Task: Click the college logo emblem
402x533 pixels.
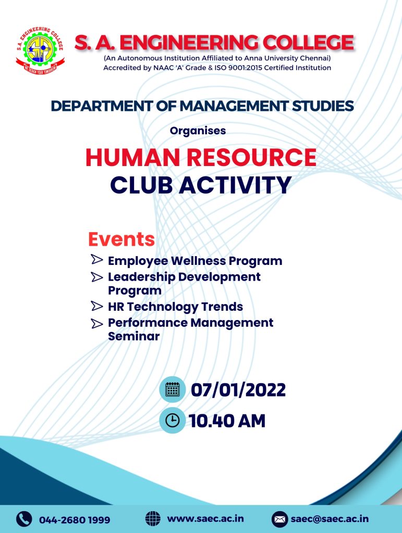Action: [x=40, y=50]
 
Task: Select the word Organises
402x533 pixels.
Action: [x=198, y=131]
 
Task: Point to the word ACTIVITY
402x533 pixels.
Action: [x=235, y=185]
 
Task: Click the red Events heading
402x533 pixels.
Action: [x=121, y=239]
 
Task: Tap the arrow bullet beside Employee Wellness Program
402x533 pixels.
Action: [x=97, y=259]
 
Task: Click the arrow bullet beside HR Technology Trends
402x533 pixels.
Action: [x=97, y=306]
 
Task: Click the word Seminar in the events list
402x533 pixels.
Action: [x=134, y=336]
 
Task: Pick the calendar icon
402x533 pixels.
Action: [x=172, y=389]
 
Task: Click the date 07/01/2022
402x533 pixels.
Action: [x=238, y=390]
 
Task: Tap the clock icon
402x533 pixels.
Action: [x=172, y=420]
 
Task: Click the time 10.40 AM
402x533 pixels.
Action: [x=227, y=421]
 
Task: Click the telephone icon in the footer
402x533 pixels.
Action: [x=24, y=519]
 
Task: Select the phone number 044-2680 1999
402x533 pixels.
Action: [x=75, y=520]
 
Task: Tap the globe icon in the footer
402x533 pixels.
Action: [x=153, y=519]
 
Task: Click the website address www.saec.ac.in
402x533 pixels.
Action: [x=205, y=519]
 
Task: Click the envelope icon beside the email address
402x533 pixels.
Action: [x=280, y=519]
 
